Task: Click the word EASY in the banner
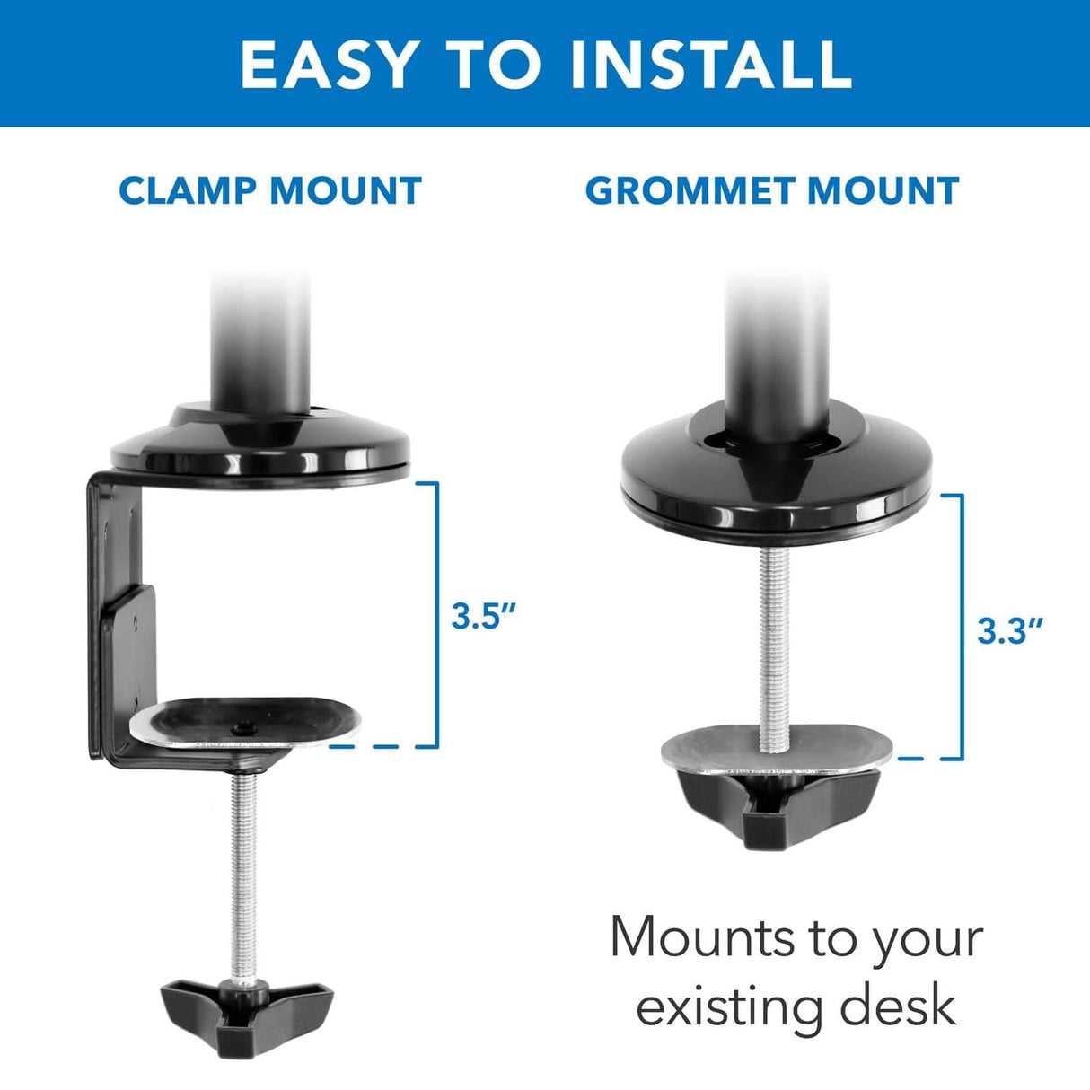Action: pos(329,64)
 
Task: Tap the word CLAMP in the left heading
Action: pos(187,191)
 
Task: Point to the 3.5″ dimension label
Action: pos(484,617)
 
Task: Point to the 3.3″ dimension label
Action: pos(1010,631)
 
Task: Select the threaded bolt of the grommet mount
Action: pos(772,646)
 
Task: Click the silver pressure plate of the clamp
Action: pos(244,722)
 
